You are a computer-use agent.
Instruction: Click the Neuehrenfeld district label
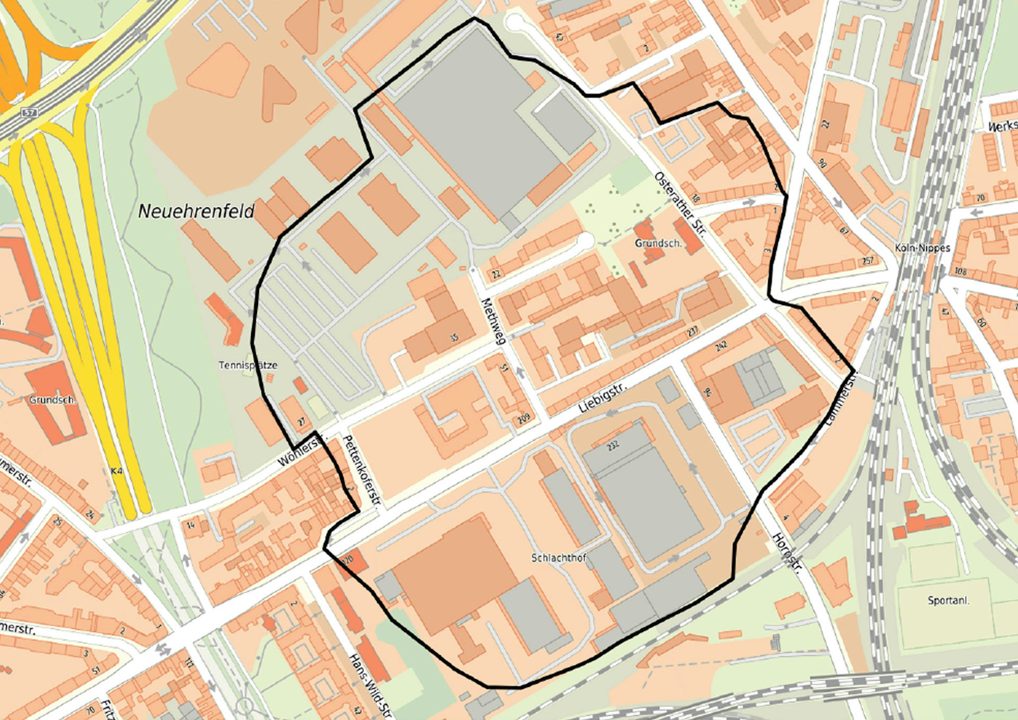pos(196,211)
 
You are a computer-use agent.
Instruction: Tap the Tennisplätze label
pos(248,365)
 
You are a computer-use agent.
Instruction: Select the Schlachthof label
pos(559,558)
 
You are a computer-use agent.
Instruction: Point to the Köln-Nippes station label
pos(922,248)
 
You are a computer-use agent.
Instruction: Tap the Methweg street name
pos(492,321)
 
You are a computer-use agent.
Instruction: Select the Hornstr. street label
pos(786,553)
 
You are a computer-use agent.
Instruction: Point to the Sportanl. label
pos(948,600)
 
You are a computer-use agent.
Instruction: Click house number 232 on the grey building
pos(613,445)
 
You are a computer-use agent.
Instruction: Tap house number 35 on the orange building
pos(454,337)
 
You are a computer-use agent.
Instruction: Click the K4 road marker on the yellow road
pos(117,471)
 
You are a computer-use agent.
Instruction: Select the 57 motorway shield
pos(29,112)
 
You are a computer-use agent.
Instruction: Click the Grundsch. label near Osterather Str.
pos(658,243)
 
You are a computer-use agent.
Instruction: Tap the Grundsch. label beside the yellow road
pos(52,400)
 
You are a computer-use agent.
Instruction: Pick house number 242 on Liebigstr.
pos(721,346)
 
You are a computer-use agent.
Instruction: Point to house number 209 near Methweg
pos(524,418)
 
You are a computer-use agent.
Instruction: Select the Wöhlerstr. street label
pos(300,451)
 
